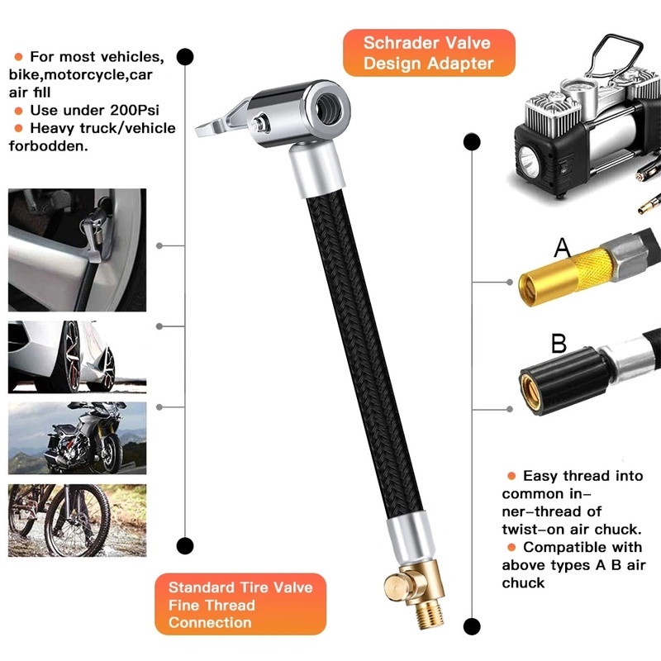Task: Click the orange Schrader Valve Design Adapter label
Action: point(427,53)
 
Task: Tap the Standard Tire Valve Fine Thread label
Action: point(240,604)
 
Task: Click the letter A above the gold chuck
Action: point(563,247)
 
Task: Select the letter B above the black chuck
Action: point(559,342)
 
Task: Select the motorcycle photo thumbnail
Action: point(77,438)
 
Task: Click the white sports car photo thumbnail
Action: point(77,357)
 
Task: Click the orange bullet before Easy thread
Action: point(511,477)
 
